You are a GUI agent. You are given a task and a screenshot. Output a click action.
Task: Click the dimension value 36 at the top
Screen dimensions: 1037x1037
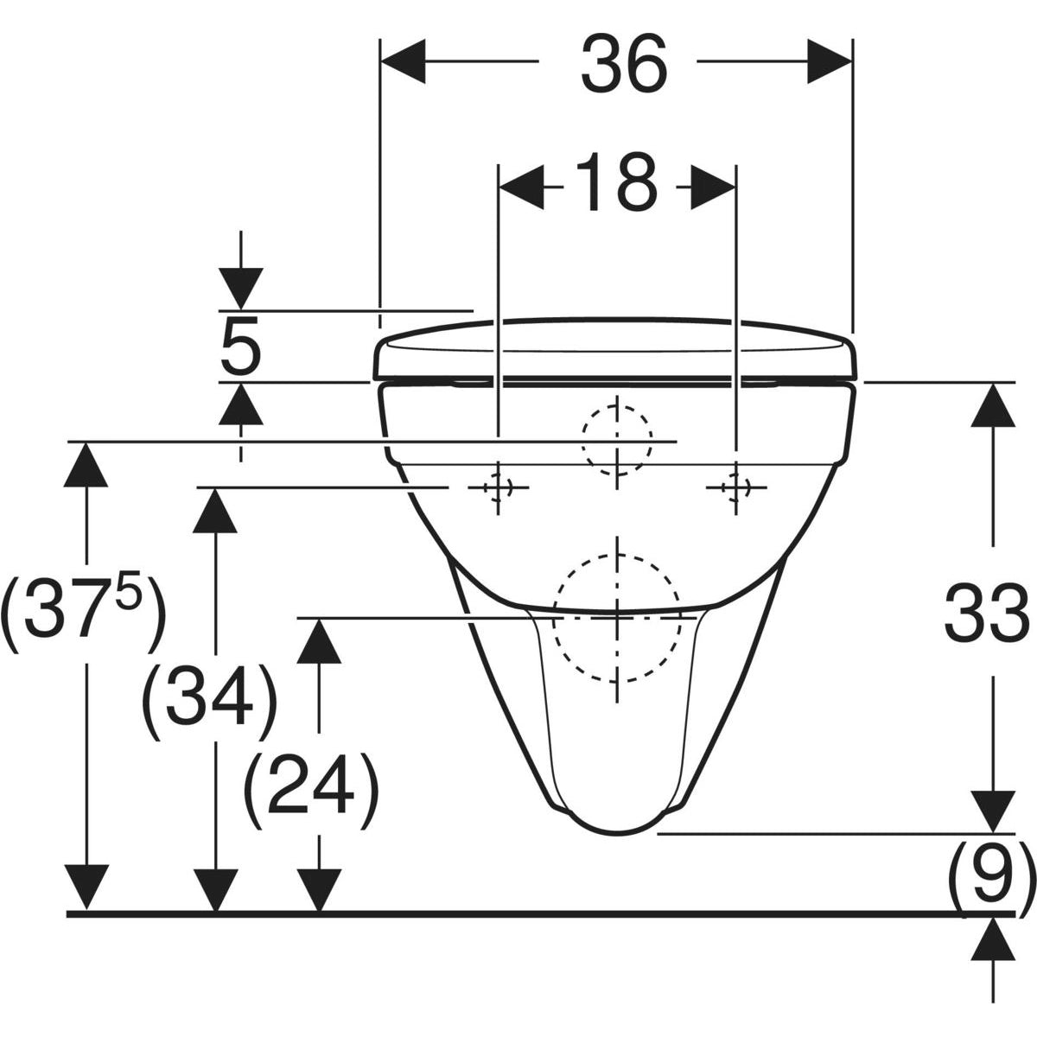(623, 65)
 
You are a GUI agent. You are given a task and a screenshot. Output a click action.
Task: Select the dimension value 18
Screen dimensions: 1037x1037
(616, 183)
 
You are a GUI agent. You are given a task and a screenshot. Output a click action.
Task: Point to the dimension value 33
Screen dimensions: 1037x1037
(986, 612)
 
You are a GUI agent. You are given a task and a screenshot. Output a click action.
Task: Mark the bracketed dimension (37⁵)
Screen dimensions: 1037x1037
(82, 615)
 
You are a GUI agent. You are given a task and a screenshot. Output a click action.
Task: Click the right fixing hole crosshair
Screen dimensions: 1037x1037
(735, 488)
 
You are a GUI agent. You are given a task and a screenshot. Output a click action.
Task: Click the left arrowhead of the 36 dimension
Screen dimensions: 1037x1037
(403, 61)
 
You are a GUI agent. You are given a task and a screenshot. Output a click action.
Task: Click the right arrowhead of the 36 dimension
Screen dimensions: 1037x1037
(830, 61)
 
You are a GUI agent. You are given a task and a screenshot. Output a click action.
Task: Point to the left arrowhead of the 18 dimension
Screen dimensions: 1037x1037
(521, 183)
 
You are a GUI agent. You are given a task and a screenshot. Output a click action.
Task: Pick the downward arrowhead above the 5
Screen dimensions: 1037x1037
(240, 288)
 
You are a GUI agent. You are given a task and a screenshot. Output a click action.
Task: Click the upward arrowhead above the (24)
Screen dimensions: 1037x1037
(320, 640)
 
